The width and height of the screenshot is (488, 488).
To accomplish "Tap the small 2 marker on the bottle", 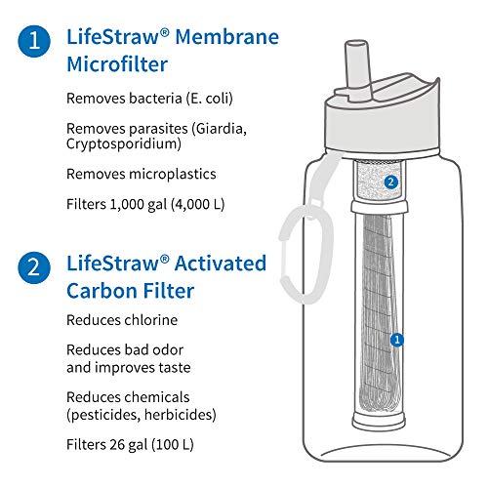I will [390, 182].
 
